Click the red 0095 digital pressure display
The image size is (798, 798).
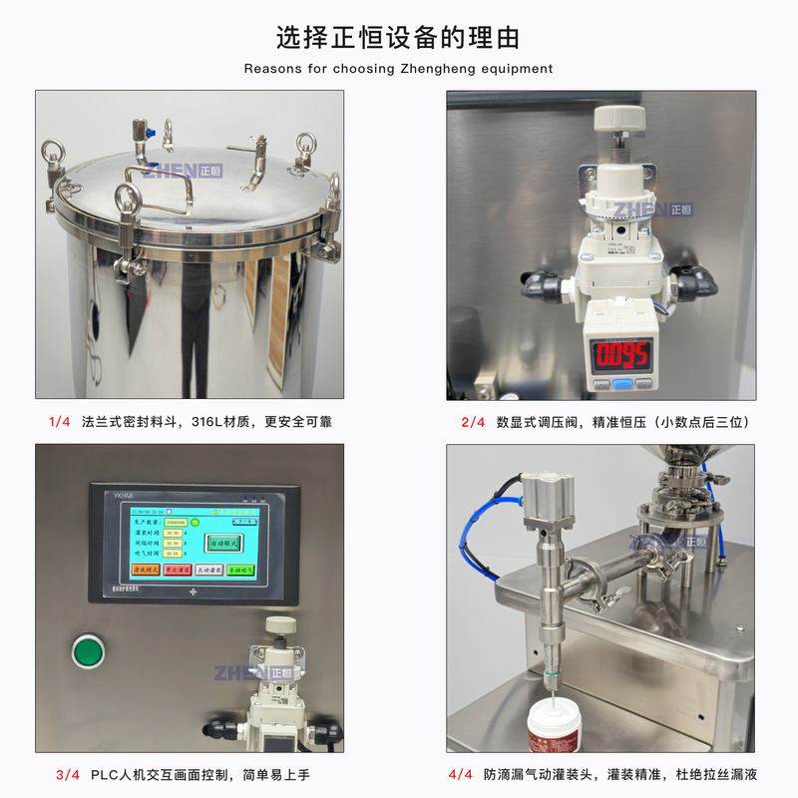tap(620, 354)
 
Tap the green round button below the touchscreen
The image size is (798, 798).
tap(89, 653)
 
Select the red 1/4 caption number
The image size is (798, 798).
tap(59, 421)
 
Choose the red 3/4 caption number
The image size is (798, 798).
tap(68, 774)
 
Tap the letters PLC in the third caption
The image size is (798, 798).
tap(105, 774)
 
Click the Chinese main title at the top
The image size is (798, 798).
tap(398, 37)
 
